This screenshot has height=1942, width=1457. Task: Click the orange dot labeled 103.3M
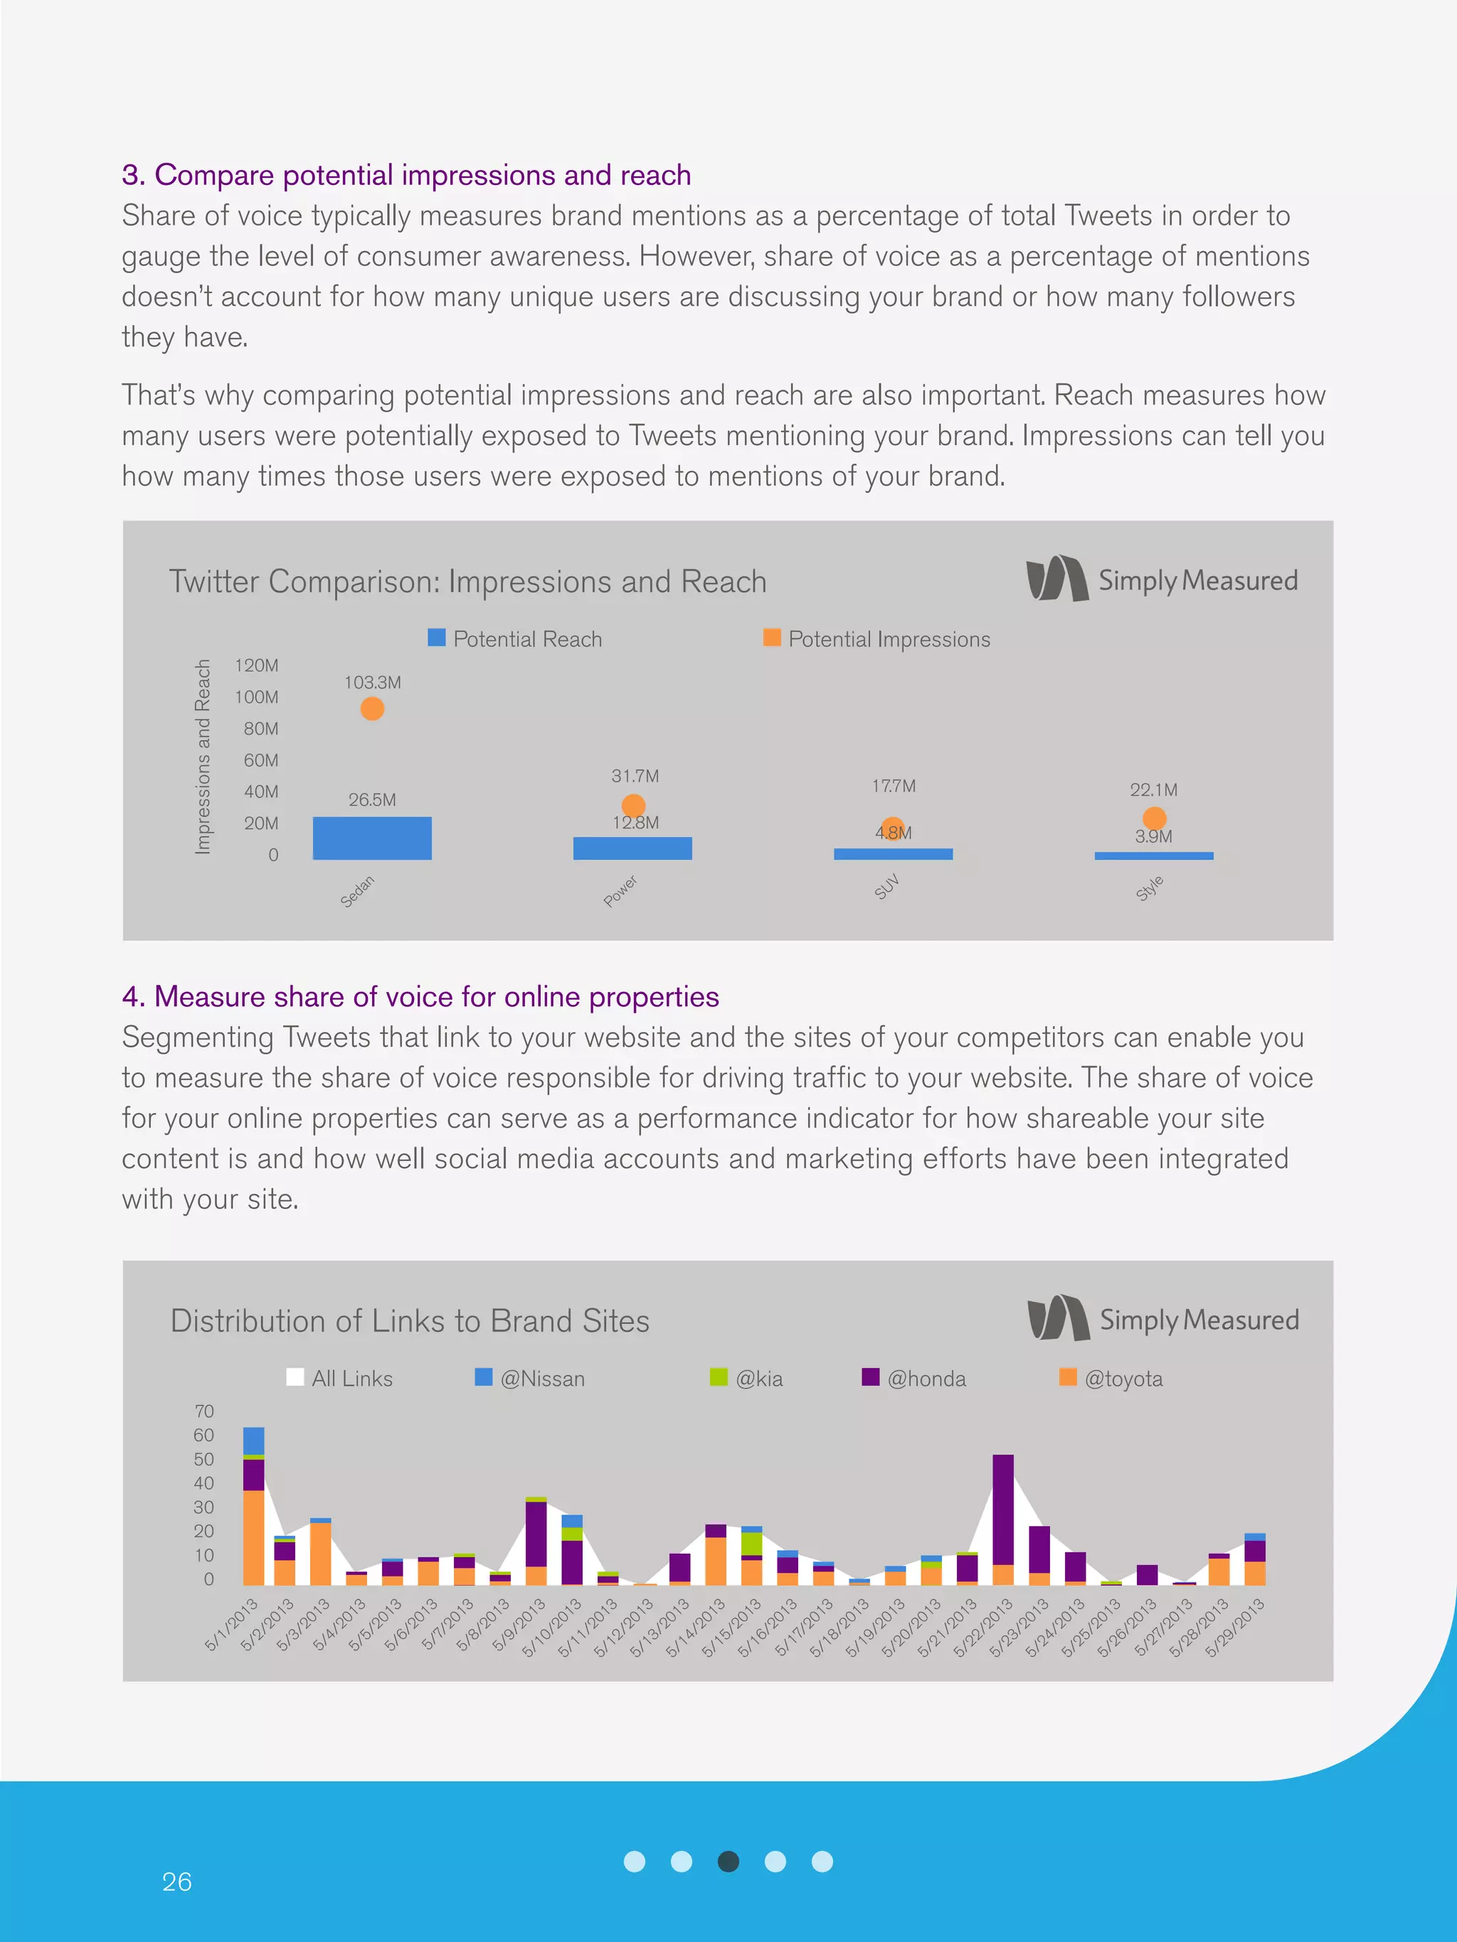372,708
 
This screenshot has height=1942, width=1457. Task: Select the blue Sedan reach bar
372,838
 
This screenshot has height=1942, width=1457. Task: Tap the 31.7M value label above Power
635,776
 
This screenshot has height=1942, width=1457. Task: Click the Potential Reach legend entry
516,639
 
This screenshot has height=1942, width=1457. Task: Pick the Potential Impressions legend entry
877,639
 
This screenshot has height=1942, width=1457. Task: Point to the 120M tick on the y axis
256,666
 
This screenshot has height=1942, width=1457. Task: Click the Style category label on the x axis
1150,888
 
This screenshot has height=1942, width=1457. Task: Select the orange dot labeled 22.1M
1154,818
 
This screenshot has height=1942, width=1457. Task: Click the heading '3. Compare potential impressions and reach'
406,175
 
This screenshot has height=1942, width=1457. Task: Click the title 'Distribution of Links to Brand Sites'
409,1321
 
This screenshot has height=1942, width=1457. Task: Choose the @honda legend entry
914,1378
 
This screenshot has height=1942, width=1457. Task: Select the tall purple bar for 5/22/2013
1003,1510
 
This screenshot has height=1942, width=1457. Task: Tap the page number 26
176,1882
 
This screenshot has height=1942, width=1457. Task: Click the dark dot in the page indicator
728,1861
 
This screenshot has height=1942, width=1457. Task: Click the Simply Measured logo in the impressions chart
1161,580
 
